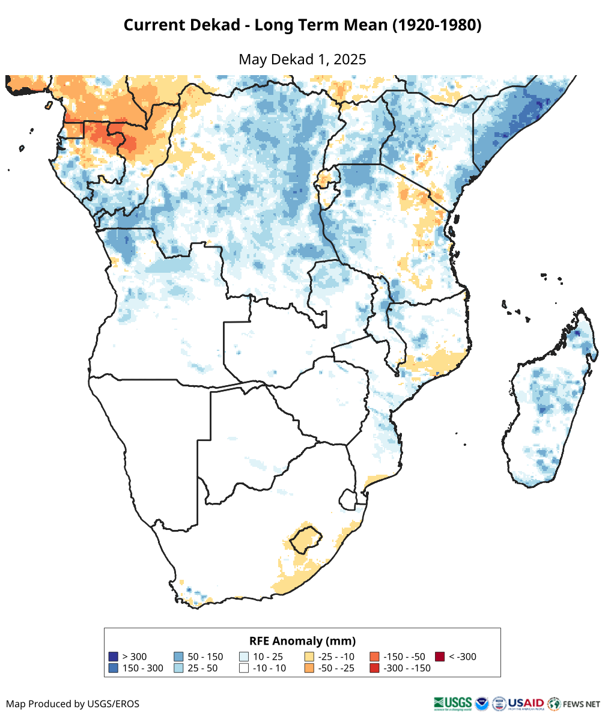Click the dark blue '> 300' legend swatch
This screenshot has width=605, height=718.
[x=113, y=657]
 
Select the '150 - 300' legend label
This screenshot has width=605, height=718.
[x=142, y=668]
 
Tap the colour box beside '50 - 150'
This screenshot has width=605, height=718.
[x=178, y=657]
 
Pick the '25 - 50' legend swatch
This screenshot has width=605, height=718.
[x=178, y=668]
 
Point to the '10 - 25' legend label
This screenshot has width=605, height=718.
[x=268, y=657]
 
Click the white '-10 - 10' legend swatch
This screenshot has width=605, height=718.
[x=244, y=668]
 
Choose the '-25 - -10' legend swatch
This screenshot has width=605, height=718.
[x=309, y=657]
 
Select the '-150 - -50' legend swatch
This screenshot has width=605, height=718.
[x=374, y=657]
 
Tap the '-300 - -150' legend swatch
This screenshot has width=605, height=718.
[x=374, y=668]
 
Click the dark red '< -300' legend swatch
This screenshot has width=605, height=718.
[x=440, y=657]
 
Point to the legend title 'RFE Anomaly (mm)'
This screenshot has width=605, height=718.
[x=302, y=640]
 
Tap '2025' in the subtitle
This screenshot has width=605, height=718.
[x=350, y=59]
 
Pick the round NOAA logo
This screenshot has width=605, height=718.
[x=482, y=703]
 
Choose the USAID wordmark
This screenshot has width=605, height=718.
[x=526, y=703]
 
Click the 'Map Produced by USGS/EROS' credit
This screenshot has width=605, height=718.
[x=73, y=704]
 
